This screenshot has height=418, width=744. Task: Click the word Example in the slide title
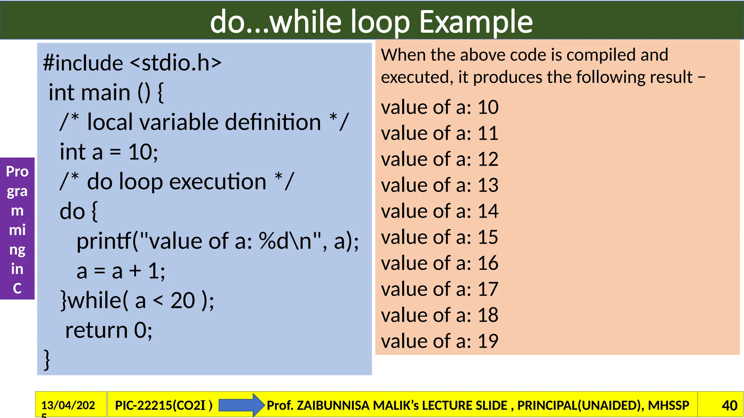[x=476, y=22]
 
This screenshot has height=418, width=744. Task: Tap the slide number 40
[x=729, y=405]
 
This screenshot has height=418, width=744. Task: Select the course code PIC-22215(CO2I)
[x=163, y=405]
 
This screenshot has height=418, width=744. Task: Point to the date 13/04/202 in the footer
[x=68, y=405]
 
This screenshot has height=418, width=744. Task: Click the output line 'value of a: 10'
[x=440, y=107]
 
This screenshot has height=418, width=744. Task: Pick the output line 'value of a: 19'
[x=440, y=341]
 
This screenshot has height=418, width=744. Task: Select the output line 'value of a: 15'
[x=440, y=237]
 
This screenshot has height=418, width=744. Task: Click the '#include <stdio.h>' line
[x=132, y=63]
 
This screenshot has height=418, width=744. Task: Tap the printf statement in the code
[x=217, y=241]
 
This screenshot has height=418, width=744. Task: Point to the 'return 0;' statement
[x=109, y=330]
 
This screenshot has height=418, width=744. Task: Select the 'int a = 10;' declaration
[x=109, y=152]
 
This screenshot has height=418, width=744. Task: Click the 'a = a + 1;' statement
[x=121, y=271]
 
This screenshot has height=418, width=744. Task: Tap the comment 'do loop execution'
[x=177, y=181]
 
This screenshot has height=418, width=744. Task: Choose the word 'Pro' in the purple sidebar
[x=17, y=171]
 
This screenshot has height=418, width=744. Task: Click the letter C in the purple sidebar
[x=17, y=288]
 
